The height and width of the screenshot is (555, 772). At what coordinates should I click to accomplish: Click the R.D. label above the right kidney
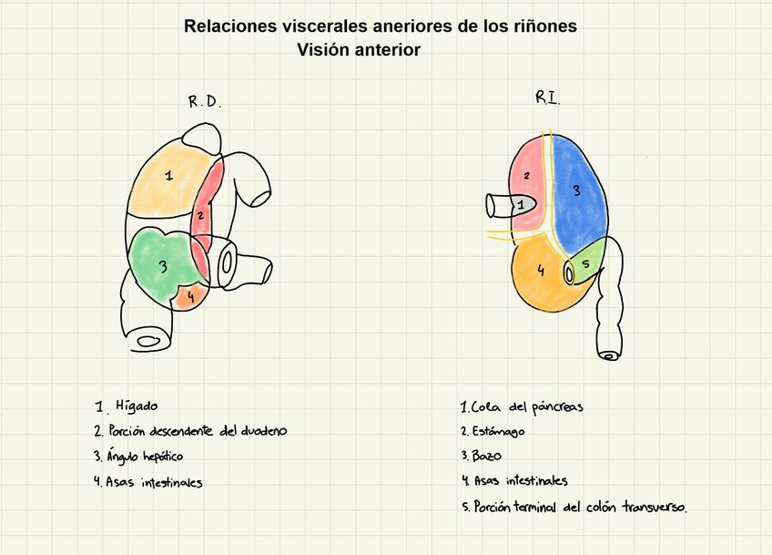[204, 102]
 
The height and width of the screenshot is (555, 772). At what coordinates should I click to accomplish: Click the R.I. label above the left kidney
[546, 98]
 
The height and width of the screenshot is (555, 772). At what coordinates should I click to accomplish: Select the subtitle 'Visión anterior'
[359, 50]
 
